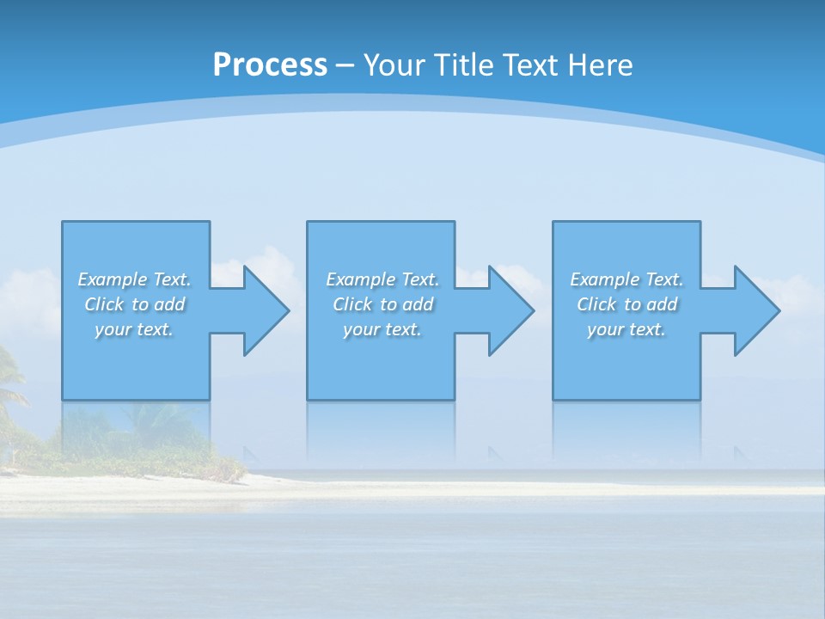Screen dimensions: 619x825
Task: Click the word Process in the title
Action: [x=270, y=65]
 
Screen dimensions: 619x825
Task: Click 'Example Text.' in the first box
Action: [x=134, y=279]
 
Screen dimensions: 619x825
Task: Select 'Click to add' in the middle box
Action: [x=382, y=304]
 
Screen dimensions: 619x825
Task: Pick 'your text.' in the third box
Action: [x=626, y=329]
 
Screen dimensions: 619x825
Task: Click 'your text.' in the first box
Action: [x=134, y=329]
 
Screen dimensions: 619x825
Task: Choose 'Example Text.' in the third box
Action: [x=626, y=279]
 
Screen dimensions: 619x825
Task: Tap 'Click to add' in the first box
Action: [x=134, y=304]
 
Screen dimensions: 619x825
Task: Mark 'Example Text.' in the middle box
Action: [x=382, y=279]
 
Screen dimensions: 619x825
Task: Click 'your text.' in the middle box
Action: [x=382, y=329]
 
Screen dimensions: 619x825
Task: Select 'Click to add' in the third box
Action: [x=626, y=304]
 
